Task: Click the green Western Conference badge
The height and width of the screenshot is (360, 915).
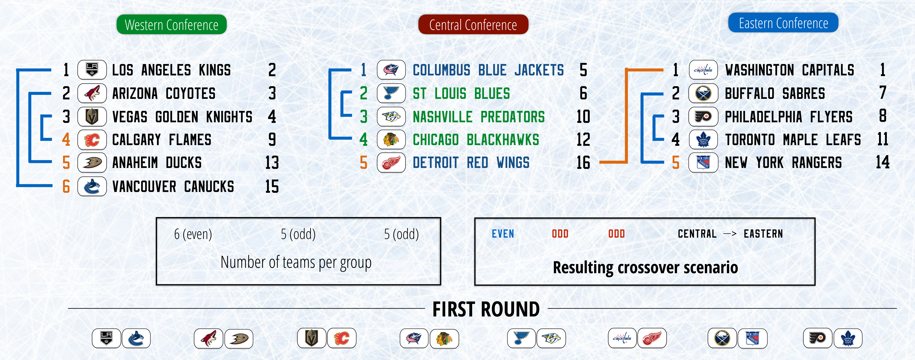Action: (x=172, y=25)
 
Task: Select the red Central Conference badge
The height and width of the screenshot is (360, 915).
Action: (x=473, y=25)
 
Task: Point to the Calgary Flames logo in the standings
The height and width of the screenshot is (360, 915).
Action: (x=92, y=140)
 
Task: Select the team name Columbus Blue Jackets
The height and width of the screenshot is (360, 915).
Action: (x=488, y=70)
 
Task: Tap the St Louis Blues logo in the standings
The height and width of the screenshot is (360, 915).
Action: (x=391, y=93)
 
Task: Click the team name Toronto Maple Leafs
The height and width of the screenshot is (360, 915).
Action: (x=793, y=140)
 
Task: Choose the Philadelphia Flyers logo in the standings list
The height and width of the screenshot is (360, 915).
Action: (x=703, y=117)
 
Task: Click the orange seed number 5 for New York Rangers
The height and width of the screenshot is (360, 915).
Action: (x=676, y=163)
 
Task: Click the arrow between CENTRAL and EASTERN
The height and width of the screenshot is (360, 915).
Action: (x=730, y=234)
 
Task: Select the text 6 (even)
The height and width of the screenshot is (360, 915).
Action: (x=193, y=234)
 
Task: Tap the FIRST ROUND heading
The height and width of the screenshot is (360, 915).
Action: (x=486, y=309)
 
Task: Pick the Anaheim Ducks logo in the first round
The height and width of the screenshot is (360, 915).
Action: (x=239, y=338)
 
